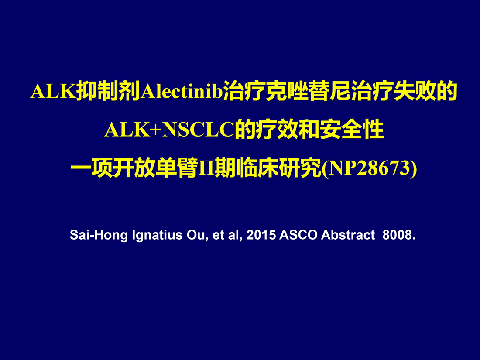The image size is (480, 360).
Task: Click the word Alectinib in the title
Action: pyautogui.click(x=181, y=91)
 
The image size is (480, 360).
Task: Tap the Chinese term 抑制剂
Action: pyautogui.click(x=108, y=91)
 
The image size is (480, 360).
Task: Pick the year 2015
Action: pyautogui.click(x=261, y=235)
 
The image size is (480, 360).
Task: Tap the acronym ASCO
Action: pyautogui.click(x=298, y=235)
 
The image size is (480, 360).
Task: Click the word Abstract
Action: pyautogui.click(x=348, y=235)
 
